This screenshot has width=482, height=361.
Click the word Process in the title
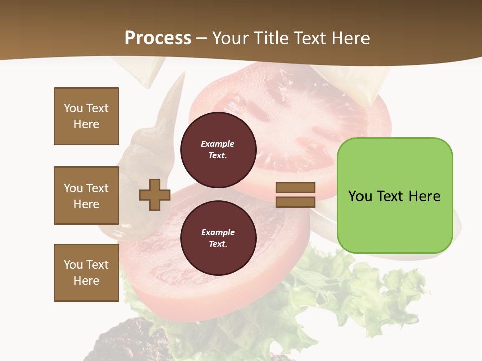(x=158, y=38)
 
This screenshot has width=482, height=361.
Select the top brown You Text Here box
(x=86, y=116)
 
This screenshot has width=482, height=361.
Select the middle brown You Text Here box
(x=86, y=196)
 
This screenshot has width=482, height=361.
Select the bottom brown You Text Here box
(x=86, y=272)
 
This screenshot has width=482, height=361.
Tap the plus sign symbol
(x=155, y=194)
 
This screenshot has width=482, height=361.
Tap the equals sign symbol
(x=295, y=195)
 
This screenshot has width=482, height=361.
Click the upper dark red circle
(x=218, y=149)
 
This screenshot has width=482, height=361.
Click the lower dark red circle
(x=218, y=238)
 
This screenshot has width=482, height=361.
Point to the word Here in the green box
(x=424, y=196)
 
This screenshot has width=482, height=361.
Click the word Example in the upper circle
(x=218, y=144)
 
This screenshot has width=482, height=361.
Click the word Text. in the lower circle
(x=218, y=244)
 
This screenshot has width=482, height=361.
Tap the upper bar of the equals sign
(x=295, y=187)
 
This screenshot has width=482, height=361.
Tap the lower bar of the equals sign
(x=295, y=202)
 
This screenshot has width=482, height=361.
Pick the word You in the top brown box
(x=73, y=108)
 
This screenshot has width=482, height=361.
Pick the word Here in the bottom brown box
(x=86, y=281)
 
